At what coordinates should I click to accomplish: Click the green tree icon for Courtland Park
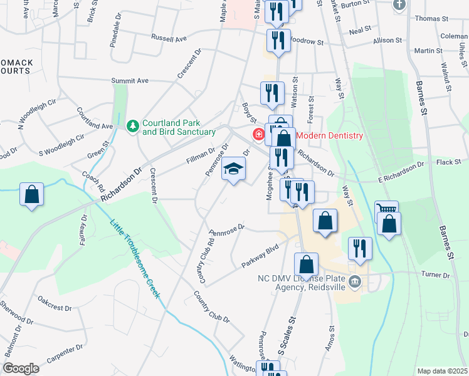133,127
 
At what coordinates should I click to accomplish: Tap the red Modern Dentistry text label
329,135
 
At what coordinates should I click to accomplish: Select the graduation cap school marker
233,169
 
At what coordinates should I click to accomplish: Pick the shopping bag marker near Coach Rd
31,194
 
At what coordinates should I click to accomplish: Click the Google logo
21,368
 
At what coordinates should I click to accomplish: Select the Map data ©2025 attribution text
442,371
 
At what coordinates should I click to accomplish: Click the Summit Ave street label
129,81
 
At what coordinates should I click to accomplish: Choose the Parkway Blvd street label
260,256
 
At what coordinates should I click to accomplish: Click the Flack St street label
448,162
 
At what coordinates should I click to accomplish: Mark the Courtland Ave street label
94,117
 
